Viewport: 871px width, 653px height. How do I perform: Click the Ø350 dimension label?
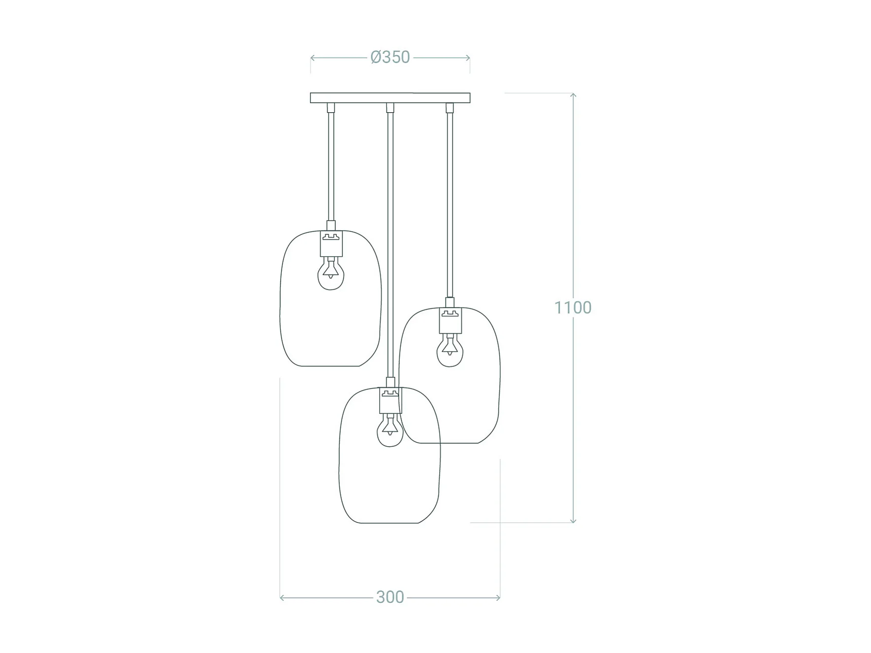390,57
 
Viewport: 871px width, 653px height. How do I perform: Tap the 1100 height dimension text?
573,307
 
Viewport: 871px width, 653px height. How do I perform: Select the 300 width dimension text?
390,597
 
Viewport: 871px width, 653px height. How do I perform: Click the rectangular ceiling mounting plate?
390,98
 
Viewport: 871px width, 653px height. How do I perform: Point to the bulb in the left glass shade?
331,274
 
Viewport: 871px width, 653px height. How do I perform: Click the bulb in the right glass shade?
450,350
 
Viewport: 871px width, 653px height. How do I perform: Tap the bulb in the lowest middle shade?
390,430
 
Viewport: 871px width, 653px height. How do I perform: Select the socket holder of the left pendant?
331,244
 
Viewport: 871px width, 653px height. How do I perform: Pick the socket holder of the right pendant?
450,321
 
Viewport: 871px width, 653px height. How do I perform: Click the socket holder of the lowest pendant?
390,400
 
